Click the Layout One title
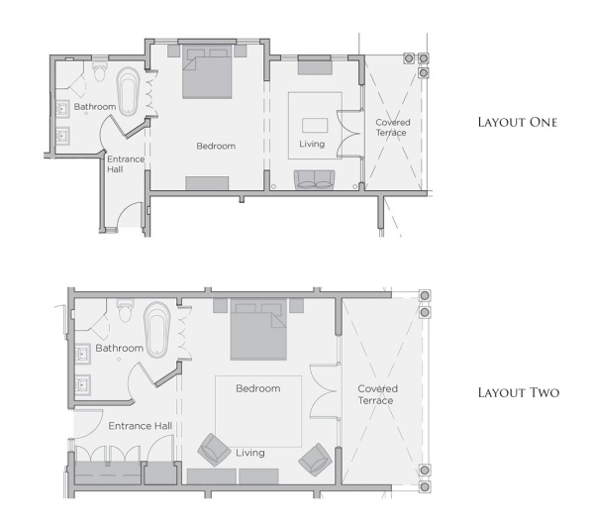point(517,123)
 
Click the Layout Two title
point(518,393)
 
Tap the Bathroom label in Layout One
point(95,106)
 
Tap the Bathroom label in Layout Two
point(119,349)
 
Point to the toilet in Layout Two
point(125,311)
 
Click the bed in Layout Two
point(258,330)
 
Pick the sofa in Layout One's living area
point(315,178)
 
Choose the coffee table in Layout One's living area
point(315,126)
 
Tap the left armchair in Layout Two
point(214,450)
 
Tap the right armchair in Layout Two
point(314,458)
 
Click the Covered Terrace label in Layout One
point(392,128)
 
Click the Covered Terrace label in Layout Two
point(376,394)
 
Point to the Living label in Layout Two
point(250,453)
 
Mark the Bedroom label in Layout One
point(215,146)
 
